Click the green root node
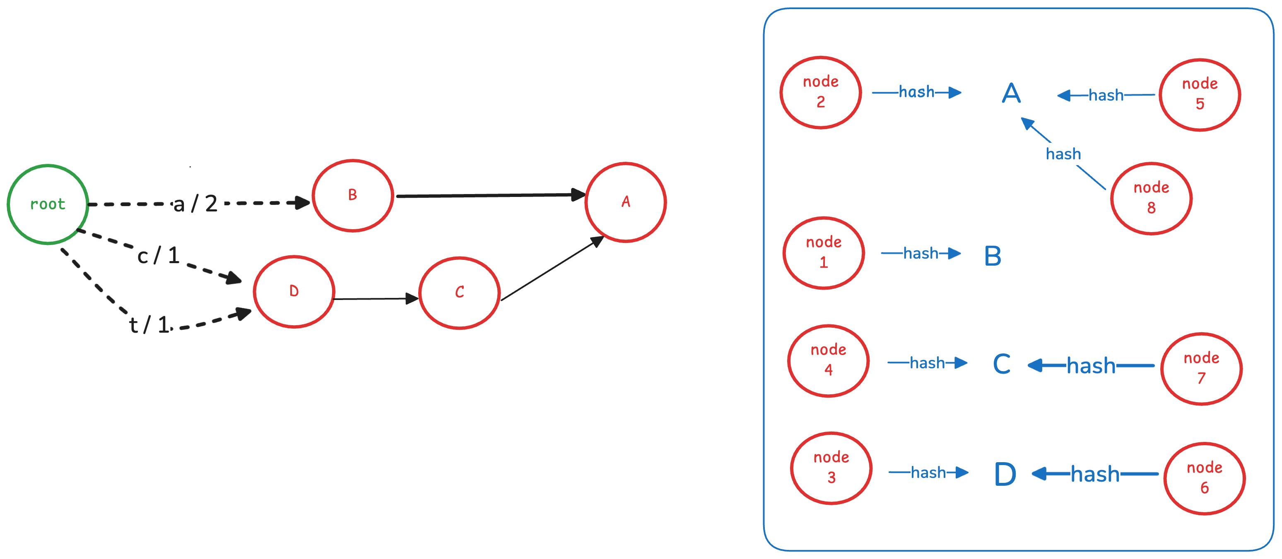click(x=48, y=204)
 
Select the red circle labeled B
click(x=353, y=195)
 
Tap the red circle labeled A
click(x=626, y=202)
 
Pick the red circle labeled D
click(x=294, y=291)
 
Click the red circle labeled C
click(x=459, y=293)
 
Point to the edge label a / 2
click(x=195, y=204)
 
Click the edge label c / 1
click(x=158, y=256)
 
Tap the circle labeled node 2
click(x=821, y=93)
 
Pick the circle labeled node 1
click(x=824, y=253)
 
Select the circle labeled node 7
click(x=1201, y=369)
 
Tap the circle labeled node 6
click(x=1205, y=478)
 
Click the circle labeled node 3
click(x=831, y=468)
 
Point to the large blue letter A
click(x=1011, y=93)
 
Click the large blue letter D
click(x=1005, y=474)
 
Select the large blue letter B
click(x=993, y=256)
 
